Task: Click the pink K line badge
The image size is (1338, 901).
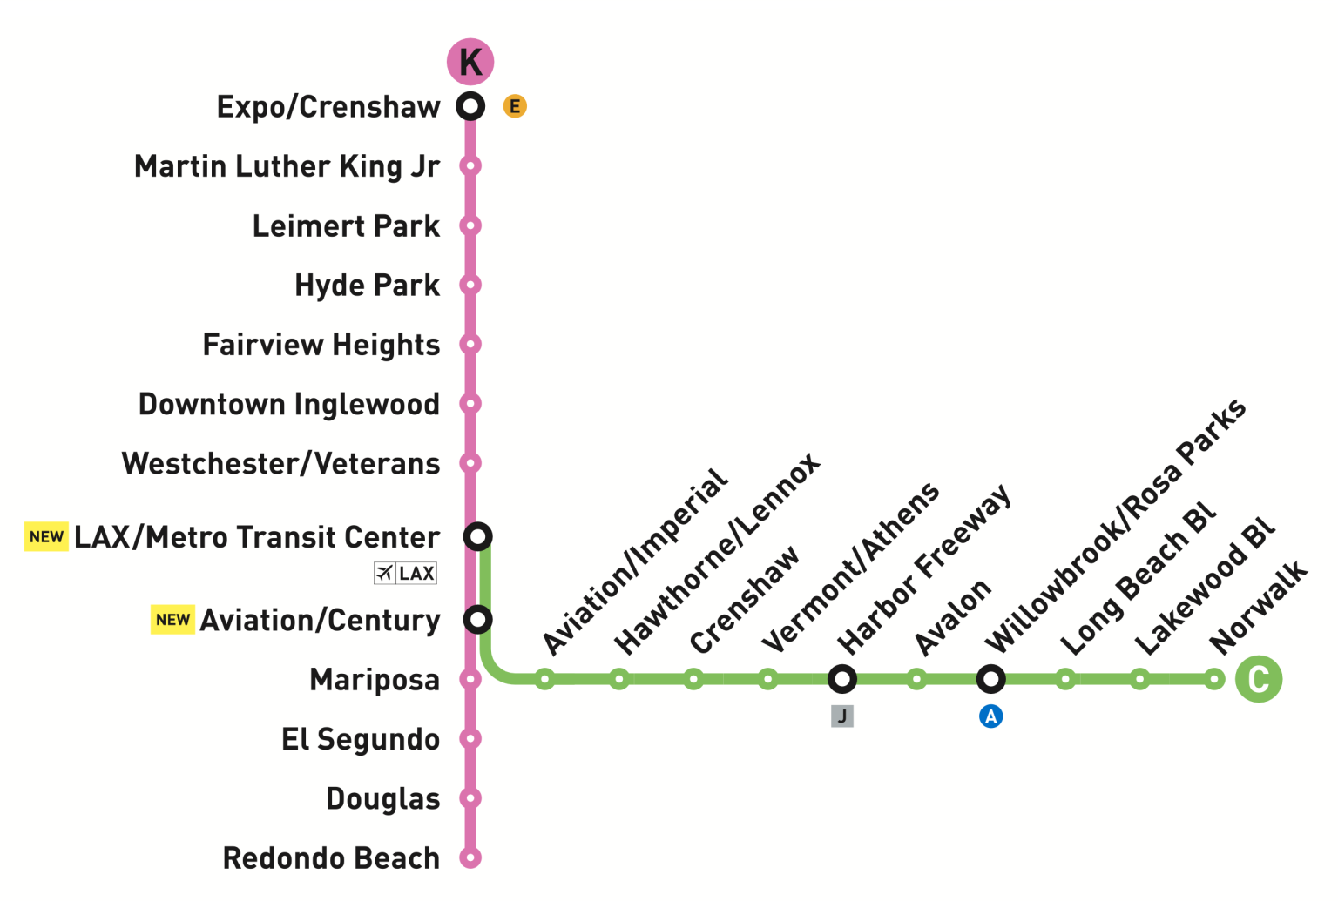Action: [x=470, y=62]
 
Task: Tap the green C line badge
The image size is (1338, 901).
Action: [x=1259, y=679]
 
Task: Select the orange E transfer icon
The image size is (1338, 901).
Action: [x=515, y=106]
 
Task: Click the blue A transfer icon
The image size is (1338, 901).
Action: [x=990, y=716]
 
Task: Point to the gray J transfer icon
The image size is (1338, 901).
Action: [x=841, y=716]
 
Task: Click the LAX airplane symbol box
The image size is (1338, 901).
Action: [x=405, y=573]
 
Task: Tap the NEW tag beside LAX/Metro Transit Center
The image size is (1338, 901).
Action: [x=46, y=537]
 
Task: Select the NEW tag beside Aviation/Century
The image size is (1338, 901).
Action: [x=172, y=620]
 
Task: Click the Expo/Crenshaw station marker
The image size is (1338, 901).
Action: [x=470, y=106]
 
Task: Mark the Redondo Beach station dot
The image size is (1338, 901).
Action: [x=470, y=857]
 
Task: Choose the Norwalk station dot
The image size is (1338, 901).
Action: [x=1214, y=679]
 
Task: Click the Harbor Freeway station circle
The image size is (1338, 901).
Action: [x=841, y=679]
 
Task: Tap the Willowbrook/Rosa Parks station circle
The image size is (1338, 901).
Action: [x=990, y=679]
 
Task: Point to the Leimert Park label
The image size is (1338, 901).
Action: [x=346, y=226]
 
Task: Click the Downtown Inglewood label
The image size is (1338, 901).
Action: [x=289, y=405]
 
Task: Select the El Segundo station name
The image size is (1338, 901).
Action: [x=361, y=739]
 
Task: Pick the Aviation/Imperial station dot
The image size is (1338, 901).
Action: [x=544, y=679]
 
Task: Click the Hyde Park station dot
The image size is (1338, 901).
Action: [x=470, y=285]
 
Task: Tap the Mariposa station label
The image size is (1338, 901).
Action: [x=375, y=680]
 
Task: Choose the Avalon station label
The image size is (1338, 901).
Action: [x=954, y=616]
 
